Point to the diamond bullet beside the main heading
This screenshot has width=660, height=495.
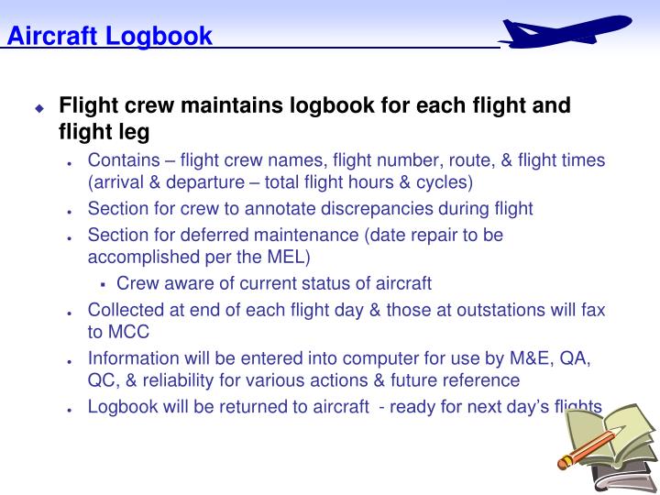(x=39, y=108)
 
